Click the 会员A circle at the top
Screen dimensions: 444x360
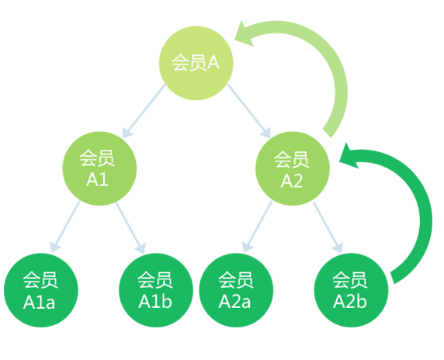point(196,63)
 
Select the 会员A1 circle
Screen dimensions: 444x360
point(99,168)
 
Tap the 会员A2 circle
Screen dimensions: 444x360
point(293,168)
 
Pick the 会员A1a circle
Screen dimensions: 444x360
point(41,290)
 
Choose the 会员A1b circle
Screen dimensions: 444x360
point(156,290)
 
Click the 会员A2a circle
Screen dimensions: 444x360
point(236,290)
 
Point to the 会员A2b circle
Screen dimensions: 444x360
point(352,290)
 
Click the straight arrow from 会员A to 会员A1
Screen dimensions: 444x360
point(144,111)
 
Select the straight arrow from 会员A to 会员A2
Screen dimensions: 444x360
point(249,111)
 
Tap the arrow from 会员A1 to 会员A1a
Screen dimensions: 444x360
point(65,227)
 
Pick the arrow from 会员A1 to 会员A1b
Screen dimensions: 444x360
point(130,228)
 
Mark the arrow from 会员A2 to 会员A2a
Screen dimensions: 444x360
point(258,227)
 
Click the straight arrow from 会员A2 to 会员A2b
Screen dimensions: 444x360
point(328,227)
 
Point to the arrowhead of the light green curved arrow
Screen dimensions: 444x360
point(244,34)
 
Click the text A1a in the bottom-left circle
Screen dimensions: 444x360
point(39,303)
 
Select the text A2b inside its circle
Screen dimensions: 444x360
point(350,301)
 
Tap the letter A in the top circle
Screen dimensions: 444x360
point(213,62)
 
